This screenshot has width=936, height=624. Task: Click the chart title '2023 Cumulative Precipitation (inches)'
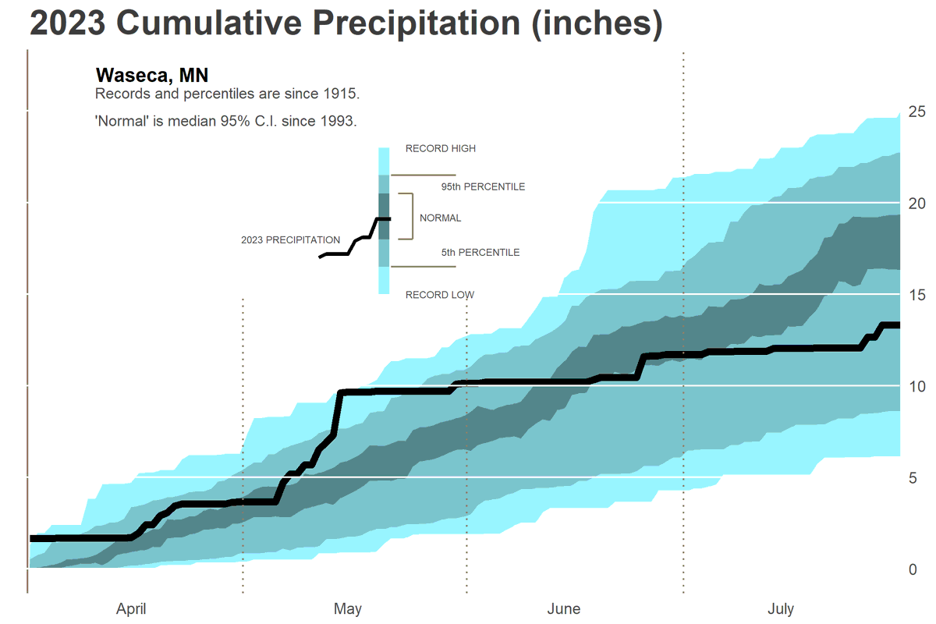click(346, 24)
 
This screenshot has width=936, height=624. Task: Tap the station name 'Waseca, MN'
click(151, 75)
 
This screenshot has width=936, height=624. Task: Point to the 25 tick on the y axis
click(916, 112)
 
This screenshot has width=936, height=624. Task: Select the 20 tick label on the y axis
click(916, 203)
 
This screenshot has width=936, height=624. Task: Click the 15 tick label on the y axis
click(916, 295)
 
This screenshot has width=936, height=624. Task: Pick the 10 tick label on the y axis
click(916, 386)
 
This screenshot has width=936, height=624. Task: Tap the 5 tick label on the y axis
click(913, 477)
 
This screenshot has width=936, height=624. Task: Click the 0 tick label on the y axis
click(913, 569)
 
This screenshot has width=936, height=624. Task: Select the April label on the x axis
click(131, 608)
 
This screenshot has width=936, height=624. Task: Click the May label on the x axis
click(348, 608)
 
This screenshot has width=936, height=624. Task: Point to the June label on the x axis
click(564, 608)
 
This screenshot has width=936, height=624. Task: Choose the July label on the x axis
click(781, 608)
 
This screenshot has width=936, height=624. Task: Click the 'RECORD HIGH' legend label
click(440, 148)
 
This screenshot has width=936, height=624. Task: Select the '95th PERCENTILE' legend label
click(483, 187)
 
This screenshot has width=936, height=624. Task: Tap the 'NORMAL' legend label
click(440, 218)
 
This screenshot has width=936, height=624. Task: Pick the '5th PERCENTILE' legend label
click(480, 253)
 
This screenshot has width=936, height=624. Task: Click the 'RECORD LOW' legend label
click(439, 295)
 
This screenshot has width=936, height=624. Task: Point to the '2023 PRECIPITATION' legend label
click(290, 240)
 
